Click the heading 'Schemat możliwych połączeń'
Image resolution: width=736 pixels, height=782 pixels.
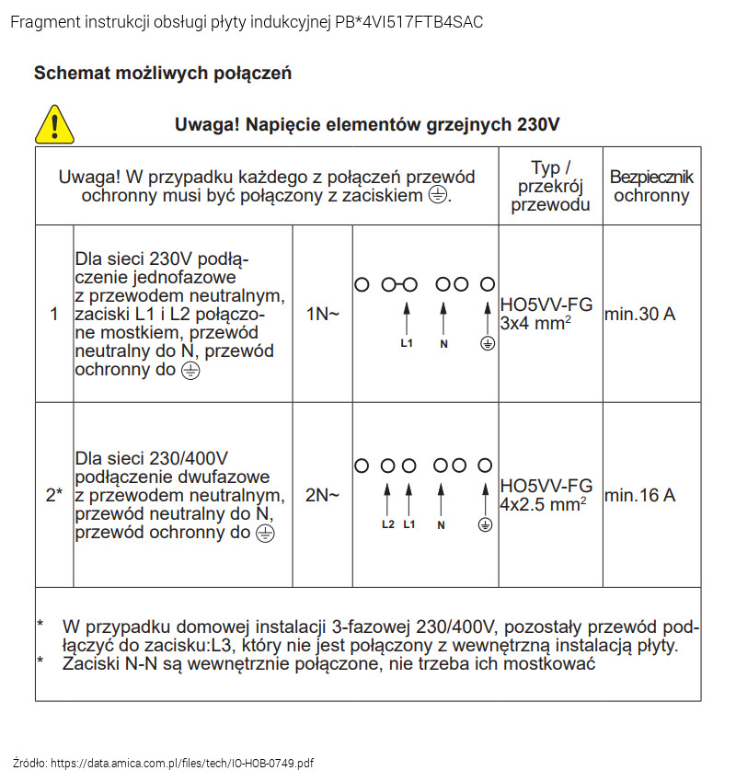point(163,73)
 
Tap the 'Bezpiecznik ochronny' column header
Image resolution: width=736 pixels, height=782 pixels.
point(651,186)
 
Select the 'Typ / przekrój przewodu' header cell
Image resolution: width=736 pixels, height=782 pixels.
point(550,186)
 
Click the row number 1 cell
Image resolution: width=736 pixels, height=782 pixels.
point(54,314)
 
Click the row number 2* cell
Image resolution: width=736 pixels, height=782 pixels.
point(54,495)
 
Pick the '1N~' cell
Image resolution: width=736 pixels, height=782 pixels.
point(322,314)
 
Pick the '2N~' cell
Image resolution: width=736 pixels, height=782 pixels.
point(322,495)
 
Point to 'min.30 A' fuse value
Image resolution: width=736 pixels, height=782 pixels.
point(640,315)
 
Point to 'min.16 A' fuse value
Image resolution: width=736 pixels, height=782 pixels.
point(640,495)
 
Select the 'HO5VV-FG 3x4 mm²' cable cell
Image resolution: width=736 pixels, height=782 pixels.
point(546,314)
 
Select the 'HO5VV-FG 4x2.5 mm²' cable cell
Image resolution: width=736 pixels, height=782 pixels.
point(546,495)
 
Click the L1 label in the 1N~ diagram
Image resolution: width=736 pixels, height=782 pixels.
point(407,344)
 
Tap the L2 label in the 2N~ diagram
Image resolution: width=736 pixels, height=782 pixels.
point(387,524)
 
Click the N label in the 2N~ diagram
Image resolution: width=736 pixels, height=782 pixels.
point(442,524)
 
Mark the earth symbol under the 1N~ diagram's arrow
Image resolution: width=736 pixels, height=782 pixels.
point(489,344)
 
